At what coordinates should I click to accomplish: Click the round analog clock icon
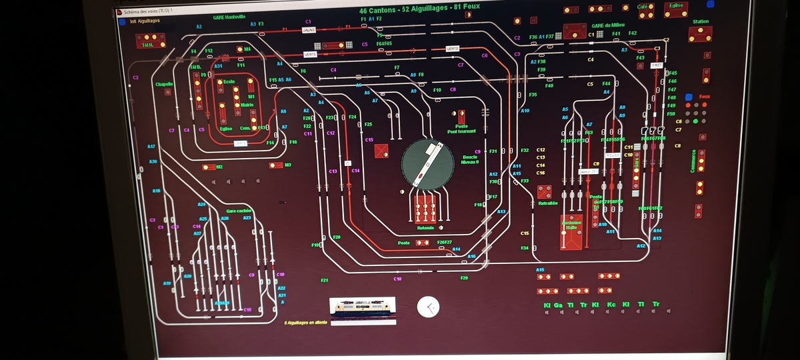coord(428,307)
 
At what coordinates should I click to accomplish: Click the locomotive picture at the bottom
coord(363,308)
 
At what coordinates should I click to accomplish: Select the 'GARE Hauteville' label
coord(229,17)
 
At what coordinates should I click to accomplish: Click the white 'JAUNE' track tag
coord(309,30)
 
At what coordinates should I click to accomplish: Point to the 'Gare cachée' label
coord(229,267)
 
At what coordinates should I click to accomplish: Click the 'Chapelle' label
coord(164,84)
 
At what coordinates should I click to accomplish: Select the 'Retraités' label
coord(548,203)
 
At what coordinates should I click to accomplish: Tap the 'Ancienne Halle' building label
coord(571,225)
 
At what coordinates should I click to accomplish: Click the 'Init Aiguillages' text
coord(145,21)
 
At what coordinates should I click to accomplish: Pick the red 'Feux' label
coord(705,97)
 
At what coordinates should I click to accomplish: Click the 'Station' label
coord(701,21)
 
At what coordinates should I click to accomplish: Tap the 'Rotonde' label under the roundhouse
coord(425,228)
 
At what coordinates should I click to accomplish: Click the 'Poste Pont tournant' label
coord(461,129)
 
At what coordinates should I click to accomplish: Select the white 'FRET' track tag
coord(656,65)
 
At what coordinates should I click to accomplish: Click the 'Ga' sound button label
coord(558,305)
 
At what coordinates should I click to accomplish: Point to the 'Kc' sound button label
coord(611,305)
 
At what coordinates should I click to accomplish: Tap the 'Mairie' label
coord(247,105)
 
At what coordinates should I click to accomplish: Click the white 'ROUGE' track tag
coord(613,155)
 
